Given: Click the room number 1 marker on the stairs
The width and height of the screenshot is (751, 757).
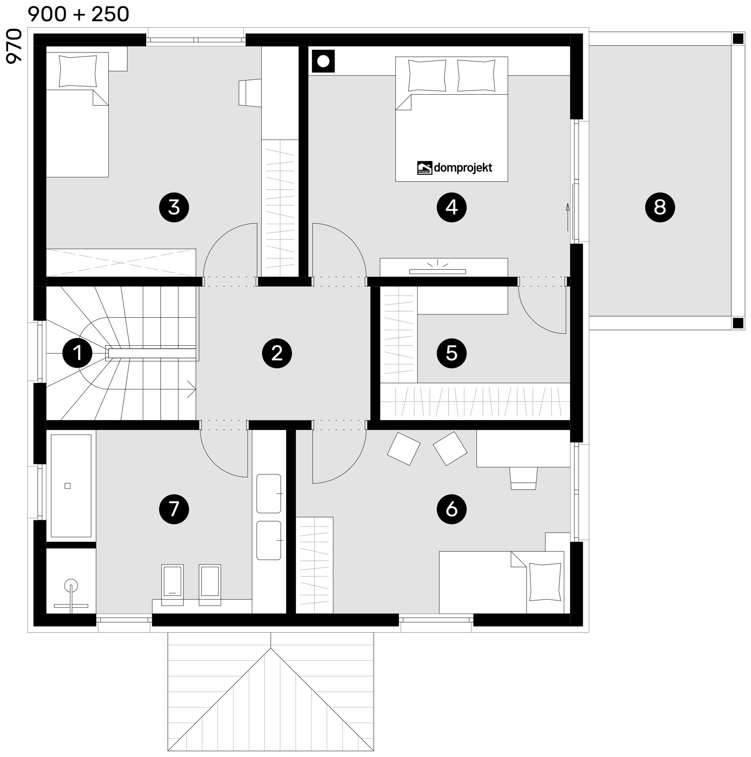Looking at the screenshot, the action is [x=78, y=353].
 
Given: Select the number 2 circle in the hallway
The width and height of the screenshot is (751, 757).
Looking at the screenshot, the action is [x=277, y=353].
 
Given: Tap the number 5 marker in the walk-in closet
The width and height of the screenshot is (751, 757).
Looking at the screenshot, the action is [x=452, y=353].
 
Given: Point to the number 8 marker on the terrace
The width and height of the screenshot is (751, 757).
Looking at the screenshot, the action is [x=660, y=207].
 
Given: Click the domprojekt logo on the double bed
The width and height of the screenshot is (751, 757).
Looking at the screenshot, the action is [x=455, y=168].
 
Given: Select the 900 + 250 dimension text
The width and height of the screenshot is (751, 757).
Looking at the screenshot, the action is [x=78, y=14].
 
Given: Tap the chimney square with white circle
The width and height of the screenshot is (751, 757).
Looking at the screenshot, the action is [x=323, y=61].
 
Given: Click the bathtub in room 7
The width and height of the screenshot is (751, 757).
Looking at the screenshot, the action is [x=71, y=485].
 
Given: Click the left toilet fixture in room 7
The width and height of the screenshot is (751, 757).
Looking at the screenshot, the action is [x=172, y=585].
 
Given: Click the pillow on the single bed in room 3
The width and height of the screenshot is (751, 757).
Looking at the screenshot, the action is [x=78, y=71].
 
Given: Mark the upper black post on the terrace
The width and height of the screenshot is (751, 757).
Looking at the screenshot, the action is [x=738, y=39].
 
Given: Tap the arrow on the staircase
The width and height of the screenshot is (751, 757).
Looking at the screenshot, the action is [x=191, y=389].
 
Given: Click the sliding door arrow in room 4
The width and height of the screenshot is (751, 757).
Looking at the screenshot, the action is [x=567, y=217].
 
